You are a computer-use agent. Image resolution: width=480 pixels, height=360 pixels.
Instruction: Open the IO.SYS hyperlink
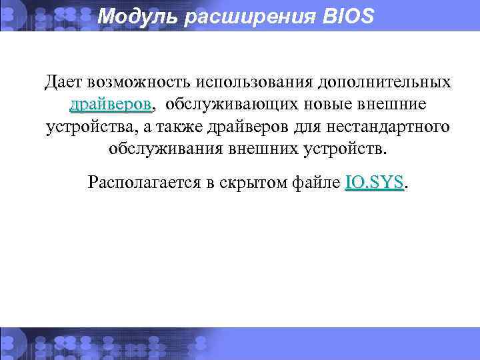pos(375,182)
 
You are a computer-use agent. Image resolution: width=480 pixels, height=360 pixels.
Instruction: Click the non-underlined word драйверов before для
pos(257,127)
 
